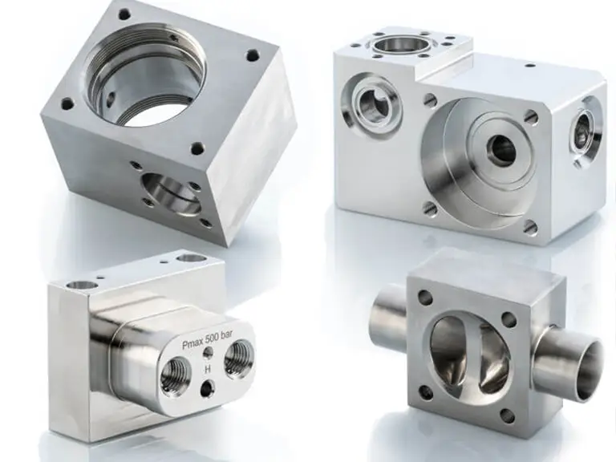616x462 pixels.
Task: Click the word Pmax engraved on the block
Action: (x=192, y=344)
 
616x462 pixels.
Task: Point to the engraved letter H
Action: (x=208, y=369)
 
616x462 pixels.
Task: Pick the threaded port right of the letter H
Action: (x=237, y=357)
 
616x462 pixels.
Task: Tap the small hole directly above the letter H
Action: (x=208, y=353)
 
